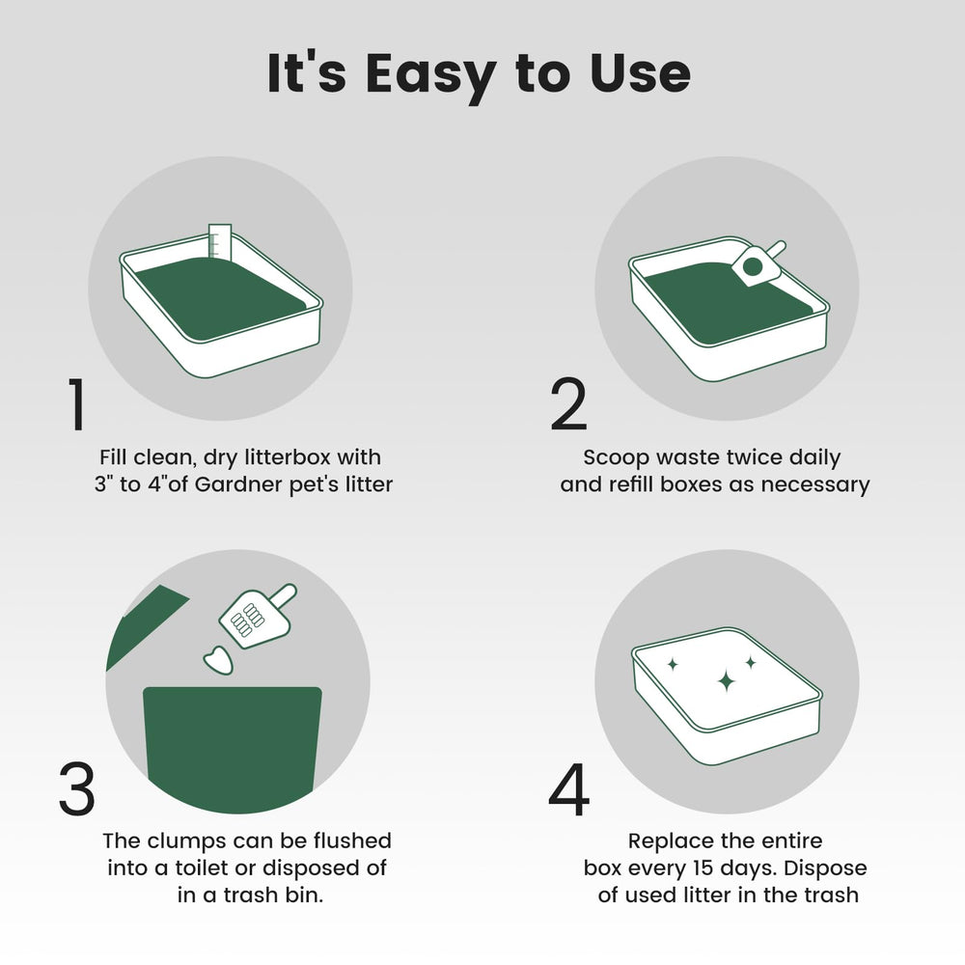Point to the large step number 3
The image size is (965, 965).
click(x=77, y=790)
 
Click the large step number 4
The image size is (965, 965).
click(x=568, y=790)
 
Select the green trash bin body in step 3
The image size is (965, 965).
click(x=232, y=748)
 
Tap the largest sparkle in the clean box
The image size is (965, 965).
click(x=726, y=681)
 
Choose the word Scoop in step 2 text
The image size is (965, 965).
click(x=616, y=457)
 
